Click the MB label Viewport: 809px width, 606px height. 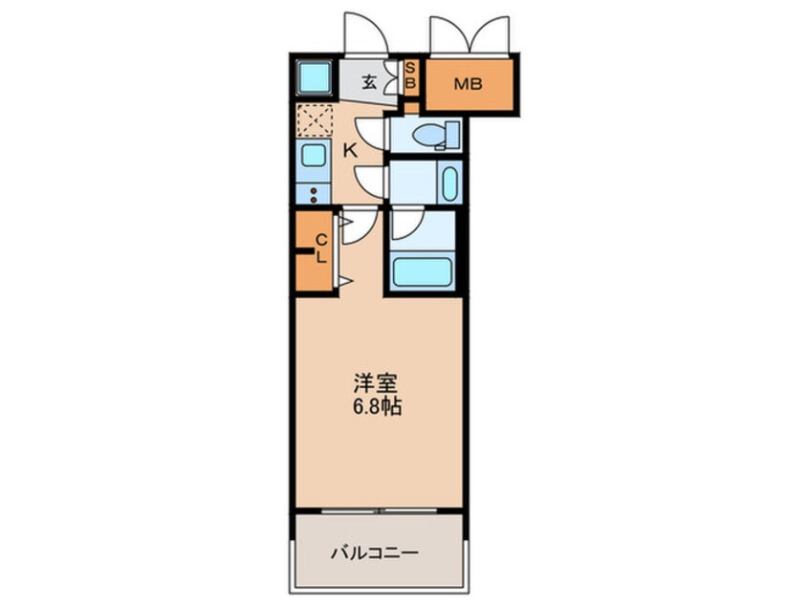(x=469, y=84)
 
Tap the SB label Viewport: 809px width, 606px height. (x=410, y=76)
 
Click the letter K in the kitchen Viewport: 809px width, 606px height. (x=350, y=149)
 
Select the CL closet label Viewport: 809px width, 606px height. (x=322, y=248)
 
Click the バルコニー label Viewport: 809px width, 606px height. (x=375, y=552)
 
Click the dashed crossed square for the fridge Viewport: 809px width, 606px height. (x=313, y=120)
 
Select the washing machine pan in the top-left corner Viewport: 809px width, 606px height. (x=314, y=76)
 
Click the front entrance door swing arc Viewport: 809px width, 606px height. (x=366, y=33)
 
